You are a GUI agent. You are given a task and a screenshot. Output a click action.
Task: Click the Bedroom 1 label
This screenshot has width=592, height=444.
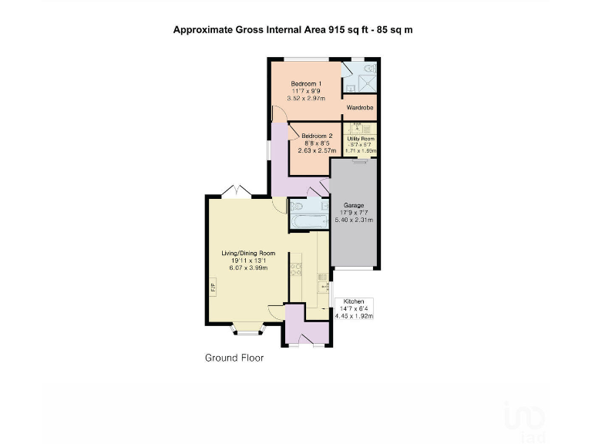click(x=306, y=83)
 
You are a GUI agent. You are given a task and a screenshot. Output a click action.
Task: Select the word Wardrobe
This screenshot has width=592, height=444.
click(x=360, y=108)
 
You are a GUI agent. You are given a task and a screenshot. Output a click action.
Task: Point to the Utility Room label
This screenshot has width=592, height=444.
click(x=360, y=139)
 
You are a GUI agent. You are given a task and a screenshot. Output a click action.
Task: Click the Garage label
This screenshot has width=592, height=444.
click(x=354, y=206)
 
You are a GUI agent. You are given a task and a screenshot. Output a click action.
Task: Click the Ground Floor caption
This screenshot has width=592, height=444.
click(x=234, y=358)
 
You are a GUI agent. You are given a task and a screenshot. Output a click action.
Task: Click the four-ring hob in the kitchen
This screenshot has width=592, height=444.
click(x=296, y=270)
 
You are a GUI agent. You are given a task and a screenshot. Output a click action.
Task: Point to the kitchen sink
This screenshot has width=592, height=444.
click(x=323, y=282)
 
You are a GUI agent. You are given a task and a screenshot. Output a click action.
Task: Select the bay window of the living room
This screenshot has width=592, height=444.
click(x=247, y=330)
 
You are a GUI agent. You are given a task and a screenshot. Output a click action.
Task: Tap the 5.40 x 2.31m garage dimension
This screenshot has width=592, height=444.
click(x=354, y=220)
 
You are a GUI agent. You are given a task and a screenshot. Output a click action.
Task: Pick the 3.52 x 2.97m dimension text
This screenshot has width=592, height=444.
click(x=306, y=99)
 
